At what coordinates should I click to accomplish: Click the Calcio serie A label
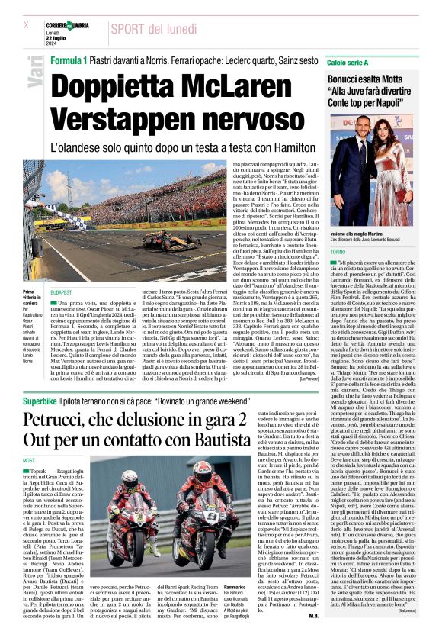(348, 60)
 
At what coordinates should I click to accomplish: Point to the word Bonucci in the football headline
(353, 79)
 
